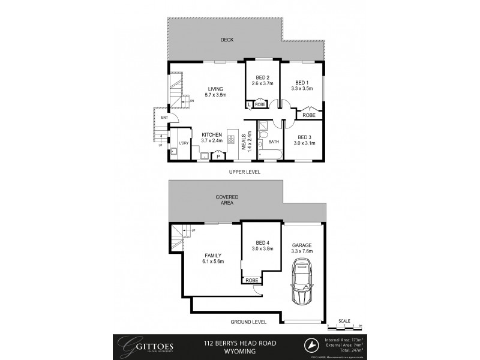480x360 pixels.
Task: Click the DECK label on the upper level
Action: [226, 40]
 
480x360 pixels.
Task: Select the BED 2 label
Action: [262, 77]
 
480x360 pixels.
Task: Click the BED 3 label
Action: [304, 137]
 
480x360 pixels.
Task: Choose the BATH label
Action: [274, 142]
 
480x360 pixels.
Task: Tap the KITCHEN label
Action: [212, 134]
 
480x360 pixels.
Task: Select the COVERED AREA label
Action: [227, 200]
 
